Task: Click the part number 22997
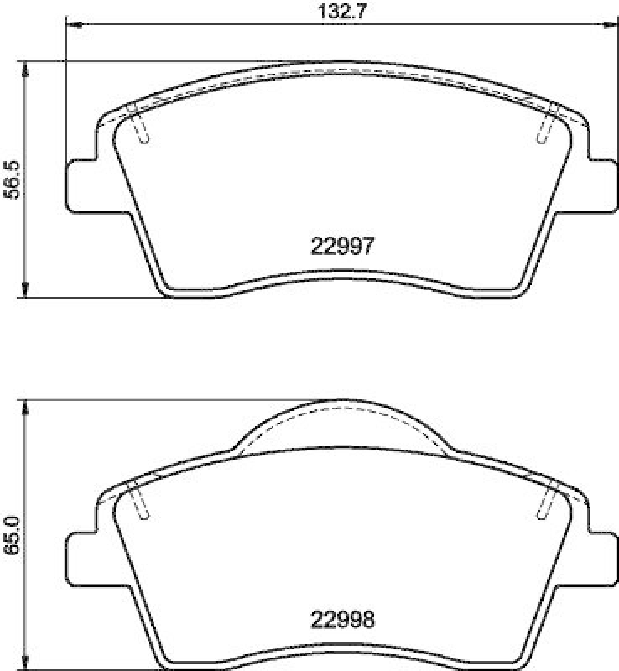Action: [342, 246]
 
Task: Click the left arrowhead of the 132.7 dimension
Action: [72, 25]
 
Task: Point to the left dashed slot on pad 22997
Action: [140, 124]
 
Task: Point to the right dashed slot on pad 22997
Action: [546, 124]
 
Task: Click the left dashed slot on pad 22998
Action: [140, 502]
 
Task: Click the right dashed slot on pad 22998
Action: [546, 502]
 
